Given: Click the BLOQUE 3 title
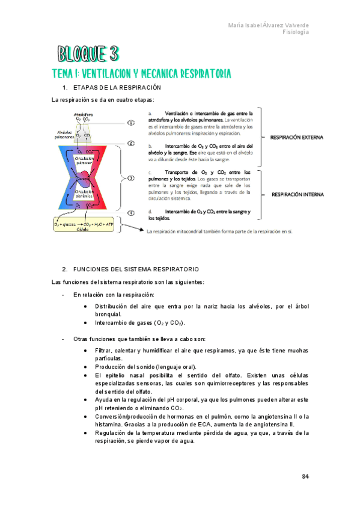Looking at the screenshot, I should click(x=88, y=55).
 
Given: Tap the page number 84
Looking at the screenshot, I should click(x=305, y=477).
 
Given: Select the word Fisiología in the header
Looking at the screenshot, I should click(x=296, y=32).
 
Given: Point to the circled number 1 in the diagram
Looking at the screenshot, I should click(x=131, y=123).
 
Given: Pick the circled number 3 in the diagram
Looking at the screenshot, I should click(x=131, y=179).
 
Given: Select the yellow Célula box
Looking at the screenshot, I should click(x=85, y=226).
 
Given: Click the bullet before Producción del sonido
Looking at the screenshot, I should click(x=88, y=367).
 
